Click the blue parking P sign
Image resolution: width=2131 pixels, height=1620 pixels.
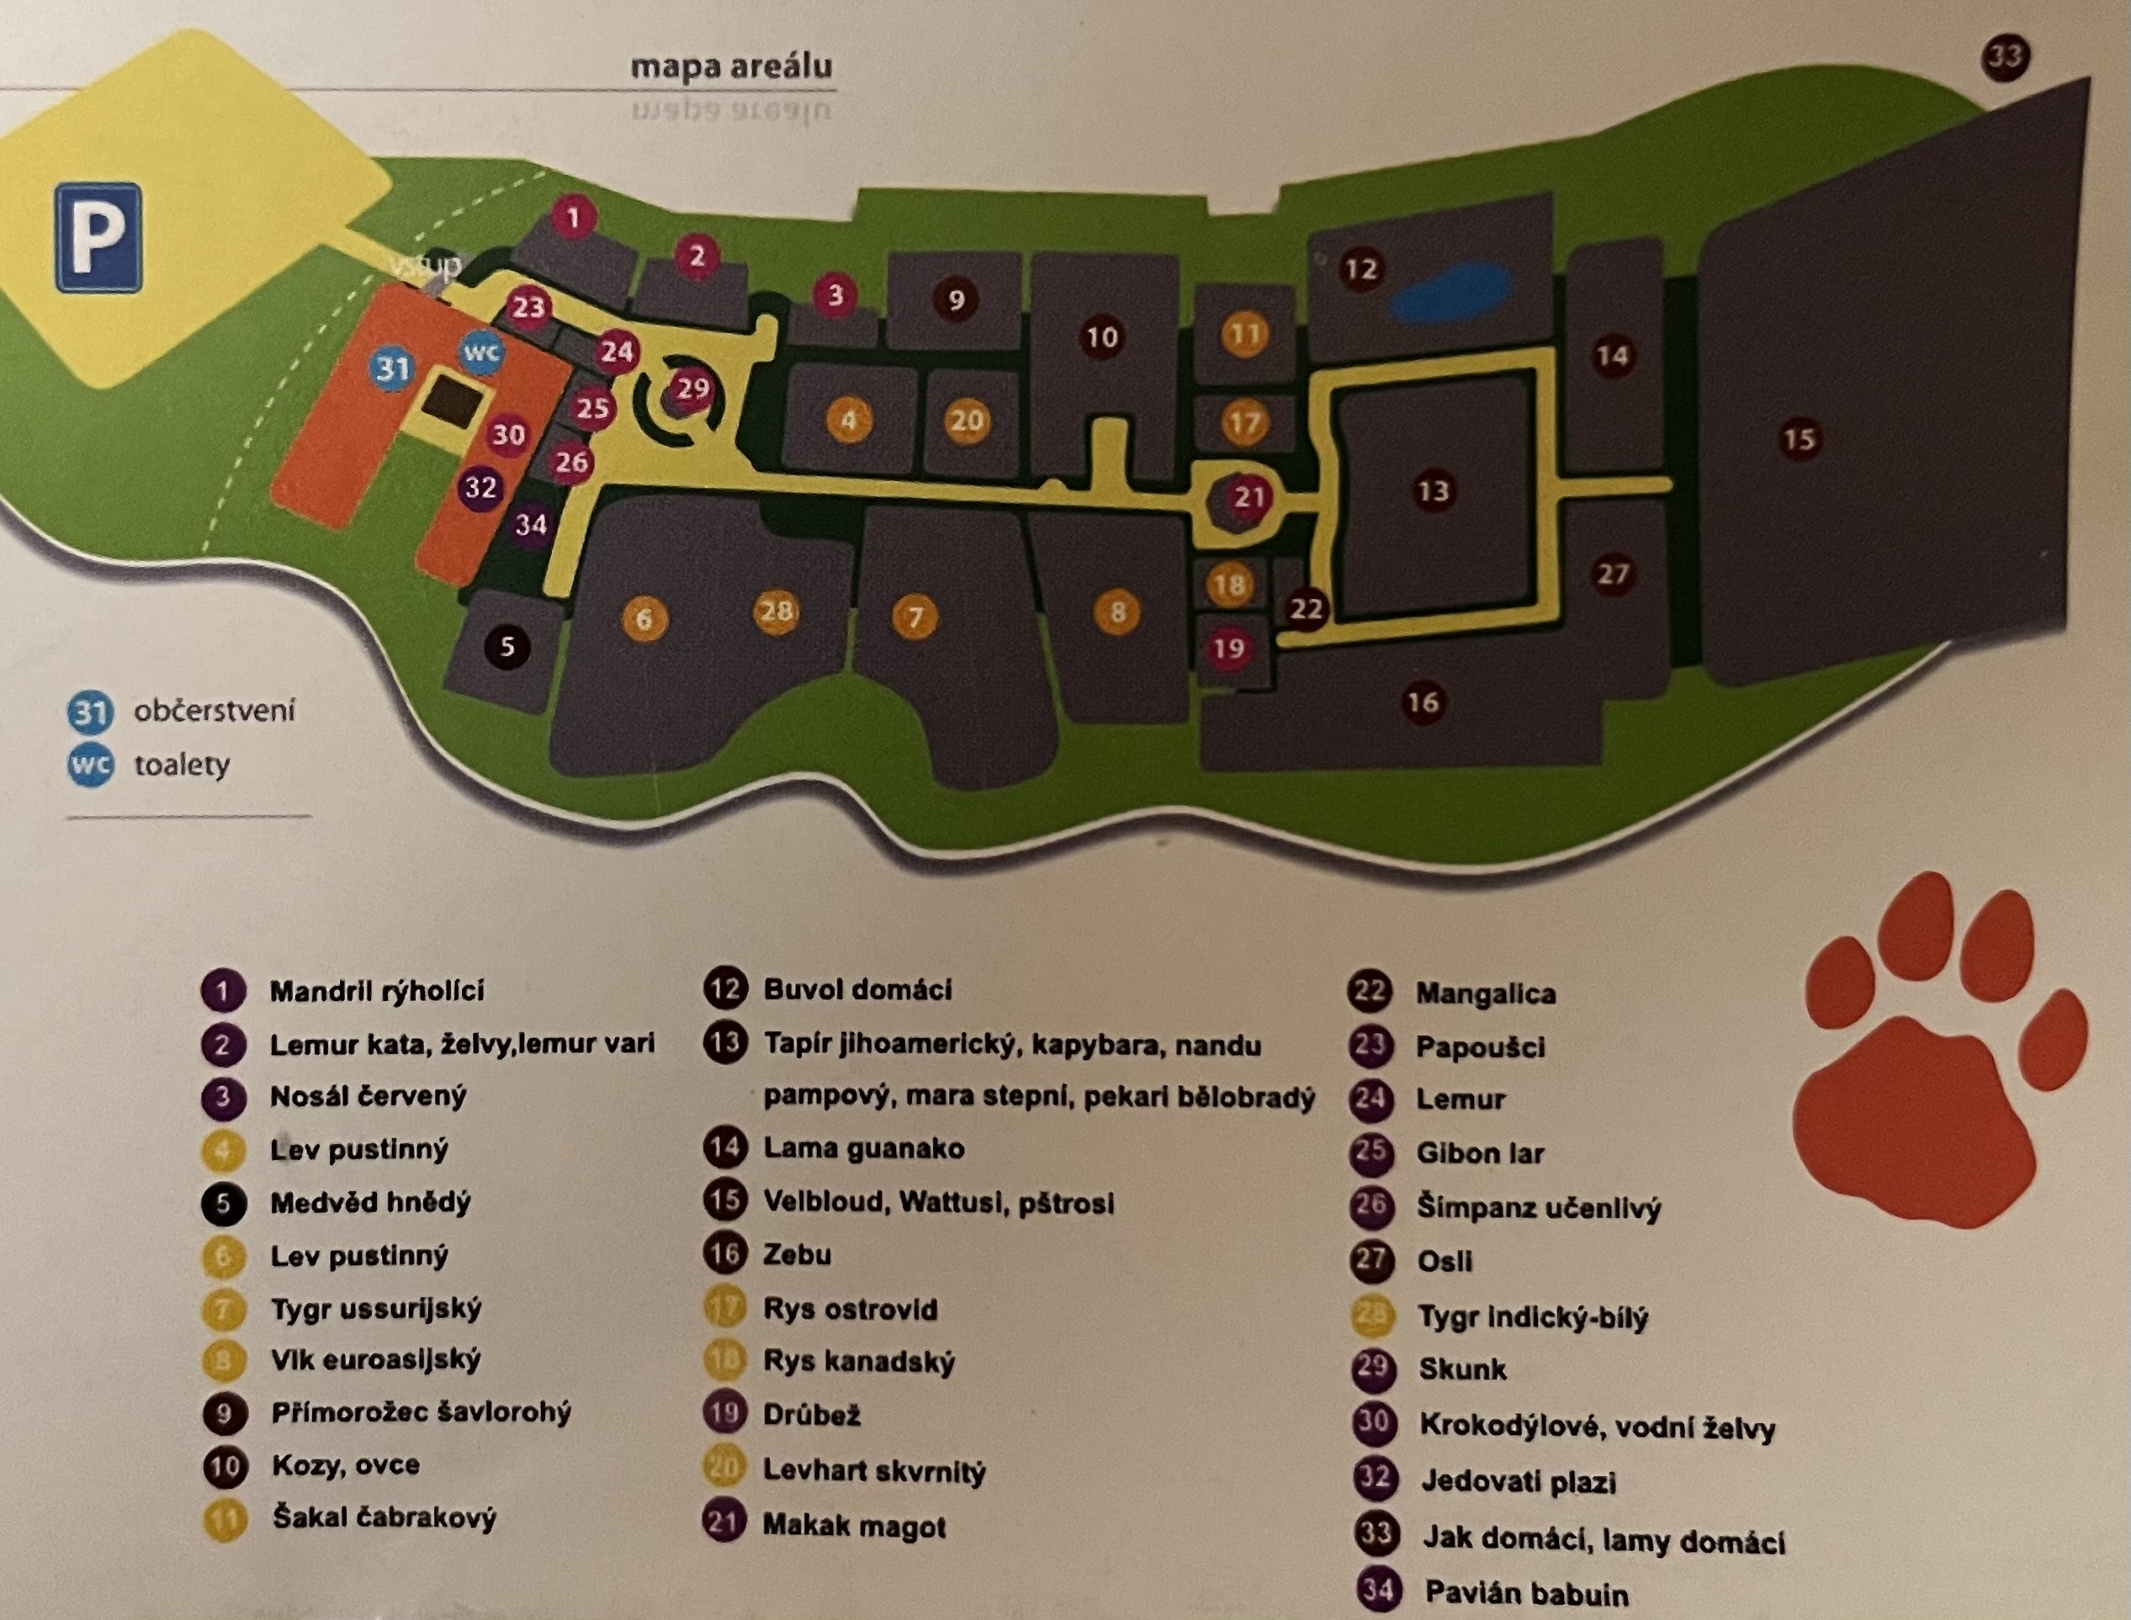click(98, 237)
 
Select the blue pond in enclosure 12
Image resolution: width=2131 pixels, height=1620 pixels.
click(1450, 294)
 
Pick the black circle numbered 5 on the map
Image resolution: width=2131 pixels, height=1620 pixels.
click(507, 647)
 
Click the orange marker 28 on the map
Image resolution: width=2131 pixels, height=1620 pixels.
click(777, 611)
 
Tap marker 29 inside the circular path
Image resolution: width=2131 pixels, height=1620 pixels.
click(692, 389)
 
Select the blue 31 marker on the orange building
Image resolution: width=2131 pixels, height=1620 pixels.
click(392, 368)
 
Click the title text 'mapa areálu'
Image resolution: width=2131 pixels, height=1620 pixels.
click(730, 66)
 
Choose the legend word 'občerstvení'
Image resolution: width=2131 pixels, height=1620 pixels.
click(214, 712)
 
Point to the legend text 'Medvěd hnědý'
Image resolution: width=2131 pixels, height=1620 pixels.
click(370, 1203)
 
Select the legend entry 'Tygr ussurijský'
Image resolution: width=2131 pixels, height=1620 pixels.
click(375, 1309)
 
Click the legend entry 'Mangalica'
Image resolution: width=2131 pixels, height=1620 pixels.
click(1485, 993)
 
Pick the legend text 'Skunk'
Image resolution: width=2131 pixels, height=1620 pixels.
click(1462, 1369)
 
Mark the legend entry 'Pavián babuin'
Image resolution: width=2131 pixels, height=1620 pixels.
click(1525, 1593)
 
